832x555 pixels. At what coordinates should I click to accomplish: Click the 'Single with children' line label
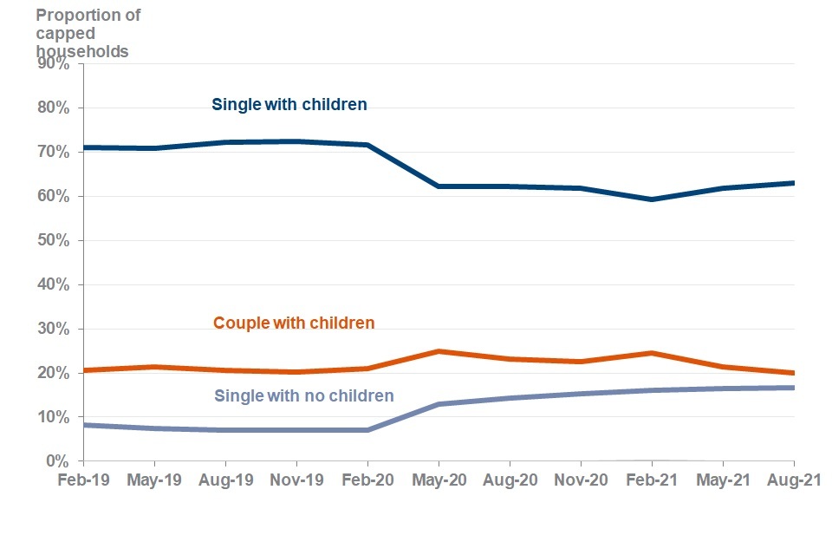pos(289,104)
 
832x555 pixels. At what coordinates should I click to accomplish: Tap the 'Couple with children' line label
pos(294,323)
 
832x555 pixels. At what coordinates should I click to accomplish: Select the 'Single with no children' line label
pos(303,395)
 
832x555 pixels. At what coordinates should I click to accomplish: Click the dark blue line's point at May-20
pos(439,186)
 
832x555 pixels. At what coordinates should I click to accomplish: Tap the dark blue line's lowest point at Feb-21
pos(652,199)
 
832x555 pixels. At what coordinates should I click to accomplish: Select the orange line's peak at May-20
pos(439,351)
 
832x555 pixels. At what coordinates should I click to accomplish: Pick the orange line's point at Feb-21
pos(652,353)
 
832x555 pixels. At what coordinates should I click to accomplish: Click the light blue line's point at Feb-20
pos(367,430)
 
